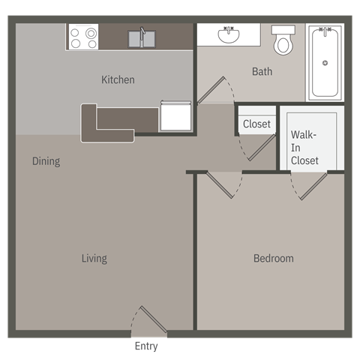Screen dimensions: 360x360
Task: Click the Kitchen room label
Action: click(x=118, y=79)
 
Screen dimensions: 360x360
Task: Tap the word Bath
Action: click(x=262, y=72)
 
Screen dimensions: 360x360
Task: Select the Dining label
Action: click(x=46, y=161)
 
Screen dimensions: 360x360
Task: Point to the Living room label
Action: click(x=94, y=259)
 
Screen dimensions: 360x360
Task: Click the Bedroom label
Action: click(x=273, y=259)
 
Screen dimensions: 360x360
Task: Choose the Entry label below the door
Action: click(x=146, y=346)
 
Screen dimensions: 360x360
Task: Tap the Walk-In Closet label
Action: click(x=304, y=148)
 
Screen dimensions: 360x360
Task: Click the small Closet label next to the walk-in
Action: click(x=256, y=124)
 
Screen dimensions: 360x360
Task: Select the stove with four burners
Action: click(x=82, y=37)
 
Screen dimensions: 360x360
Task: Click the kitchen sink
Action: click(x=141, y=38)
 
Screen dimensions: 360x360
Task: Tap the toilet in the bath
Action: click(x=283, y=41)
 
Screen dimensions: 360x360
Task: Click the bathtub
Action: click(x=325, y=61)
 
